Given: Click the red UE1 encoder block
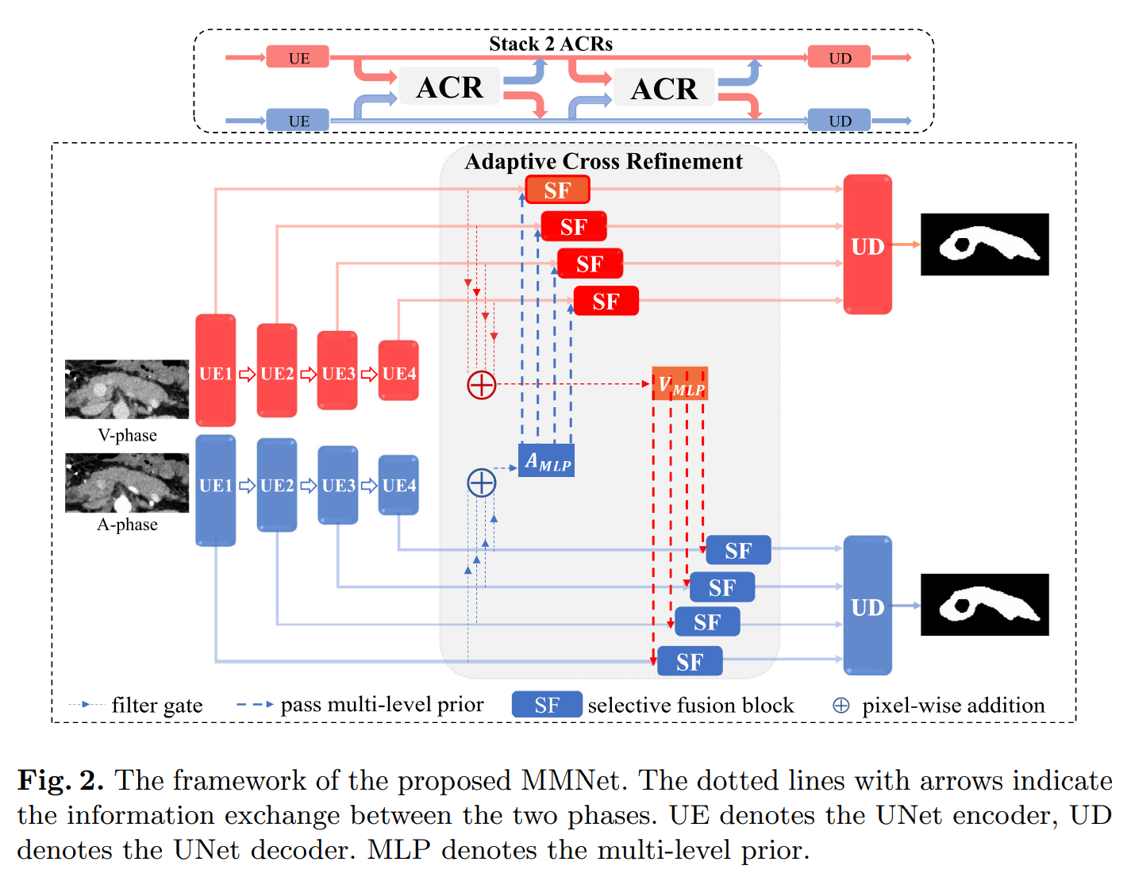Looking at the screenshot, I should pyautogui.click(x=215, y=370).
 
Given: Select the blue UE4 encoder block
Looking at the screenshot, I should pyautogui.click(x=398, y=484).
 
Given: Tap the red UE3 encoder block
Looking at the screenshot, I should pyautogui.click(x=337, y=371).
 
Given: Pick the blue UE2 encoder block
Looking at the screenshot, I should pyautogui.click(x=276, y=484).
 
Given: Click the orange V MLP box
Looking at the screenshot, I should pyautogui.click(x=679, y=384).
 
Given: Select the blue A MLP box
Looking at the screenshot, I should pyautogui.click(x=547, y=460).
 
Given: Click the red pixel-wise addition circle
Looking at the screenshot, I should pyautogui.click(x=481, y=385).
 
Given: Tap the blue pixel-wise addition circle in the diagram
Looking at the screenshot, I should pyautogui.click(x=481, y=483).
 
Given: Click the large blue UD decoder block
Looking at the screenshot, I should pyautogui.click(x=867, y=606).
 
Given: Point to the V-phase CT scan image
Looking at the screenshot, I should pyautogui.click(x=127, y=389).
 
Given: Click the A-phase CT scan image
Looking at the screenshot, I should pyautogui.click(x=127, y=483).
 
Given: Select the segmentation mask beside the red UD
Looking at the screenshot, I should pyautogui.click(x=984, y=244).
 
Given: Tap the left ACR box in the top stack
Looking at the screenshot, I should pyautogui.click(x=449, y=87).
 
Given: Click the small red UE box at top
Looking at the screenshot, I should pyautogui.click(x=298, y=57).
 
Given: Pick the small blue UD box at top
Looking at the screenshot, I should pyautogui.click(x=839, y=121).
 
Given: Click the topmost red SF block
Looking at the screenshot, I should pyautogui.click(x=557, y=190).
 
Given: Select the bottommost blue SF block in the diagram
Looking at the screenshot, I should pyautogui.click(x=690, y=661).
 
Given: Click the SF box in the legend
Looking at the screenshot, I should pyautogui.click(x=547, y=705).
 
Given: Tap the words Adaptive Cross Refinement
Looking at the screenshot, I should pyautogui.click(x=603, y=161).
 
